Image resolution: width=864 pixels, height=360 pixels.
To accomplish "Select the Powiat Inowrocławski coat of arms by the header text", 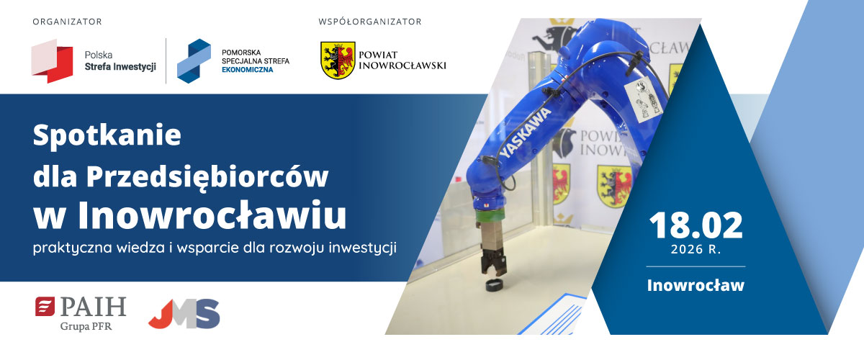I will tap(338, 60).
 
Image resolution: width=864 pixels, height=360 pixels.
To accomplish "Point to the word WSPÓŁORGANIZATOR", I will tap(369, 22).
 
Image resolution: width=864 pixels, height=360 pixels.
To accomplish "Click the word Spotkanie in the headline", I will tap(107, 135).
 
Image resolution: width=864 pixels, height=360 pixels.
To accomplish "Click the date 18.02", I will tap(696, 225).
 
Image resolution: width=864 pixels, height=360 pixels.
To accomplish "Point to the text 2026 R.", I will tap(696, 251).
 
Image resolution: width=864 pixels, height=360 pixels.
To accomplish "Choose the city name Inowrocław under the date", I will tap(696, 285).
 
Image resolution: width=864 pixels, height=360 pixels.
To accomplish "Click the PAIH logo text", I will tap(92, 307).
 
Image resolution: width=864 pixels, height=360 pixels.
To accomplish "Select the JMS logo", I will tap(184, 314).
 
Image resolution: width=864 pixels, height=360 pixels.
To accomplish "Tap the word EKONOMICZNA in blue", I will tap(248, 71).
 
